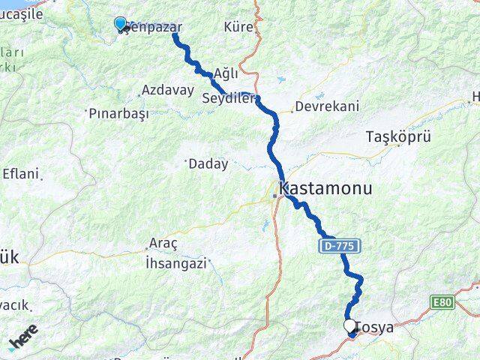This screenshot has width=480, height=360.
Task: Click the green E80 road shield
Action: pyautogui.click(x=443, y=301)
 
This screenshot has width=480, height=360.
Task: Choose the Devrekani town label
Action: pyautogui.click(x=327, y=106)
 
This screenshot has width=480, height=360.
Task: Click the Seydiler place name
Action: pyautogui.click(x=229, y=97)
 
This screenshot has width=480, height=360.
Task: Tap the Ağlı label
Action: pyautogui.click(x=226, y=73)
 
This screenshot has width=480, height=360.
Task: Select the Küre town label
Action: pyautogui.click(x=238, y=27)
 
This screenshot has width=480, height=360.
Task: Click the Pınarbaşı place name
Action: pyautogui.click(x=118, y=114)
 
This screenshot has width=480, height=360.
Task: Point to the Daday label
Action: pyautogui.click(x=208, y=163)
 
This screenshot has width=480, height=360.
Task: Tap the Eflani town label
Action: pyautogui.click(x=20, y=173)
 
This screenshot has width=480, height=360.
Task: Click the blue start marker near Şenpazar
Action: pyautogui.click(x=120, y=24)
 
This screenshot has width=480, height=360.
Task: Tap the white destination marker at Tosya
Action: pyautogui.click(x=350, y=326)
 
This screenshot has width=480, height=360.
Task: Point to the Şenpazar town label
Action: pyautogui.click(x=155, y=27)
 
